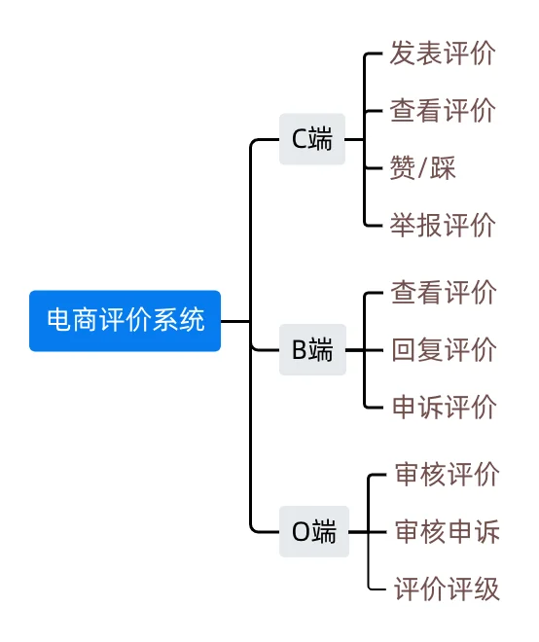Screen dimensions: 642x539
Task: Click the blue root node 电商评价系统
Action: pyautogui.click(x=126, y=320)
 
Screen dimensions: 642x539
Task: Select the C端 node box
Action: pyautogui.click(x=312, y=139)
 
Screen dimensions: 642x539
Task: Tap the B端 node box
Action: pyautogui.click(x=312, y=349)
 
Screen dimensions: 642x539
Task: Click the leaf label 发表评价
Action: pyautogui.click(x=443, y=53)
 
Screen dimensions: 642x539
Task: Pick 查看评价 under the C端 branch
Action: pyautogui.click(x=443, y=110)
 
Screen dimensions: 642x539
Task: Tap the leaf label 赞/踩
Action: pyautogui.click(x=422, y=167)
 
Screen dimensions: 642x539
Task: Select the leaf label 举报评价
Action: pyautogui.click(x=443, y=225)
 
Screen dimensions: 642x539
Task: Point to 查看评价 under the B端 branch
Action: pyautogui.click(x=443, y=292)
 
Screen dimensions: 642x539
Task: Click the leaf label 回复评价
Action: pyautogui.click(x=443, y=349)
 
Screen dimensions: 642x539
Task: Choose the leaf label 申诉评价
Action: pyautogui.click(x=443, y=407)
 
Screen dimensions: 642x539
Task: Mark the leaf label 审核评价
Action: pyautogui.click(x=447, y=475)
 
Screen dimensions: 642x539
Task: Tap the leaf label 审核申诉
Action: pyautogui.click(x=447, y=532)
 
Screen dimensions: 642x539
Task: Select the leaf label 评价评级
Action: pyautogui.click(x=447, y=588)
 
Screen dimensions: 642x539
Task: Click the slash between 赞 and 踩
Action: pyautogui.click(x=422, y=168)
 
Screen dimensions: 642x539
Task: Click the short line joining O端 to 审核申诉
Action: pyautogui.click(x=359, y=532)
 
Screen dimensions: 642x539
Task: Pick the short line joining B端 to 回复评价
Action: pyautogui.click(x=356, y=349)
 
